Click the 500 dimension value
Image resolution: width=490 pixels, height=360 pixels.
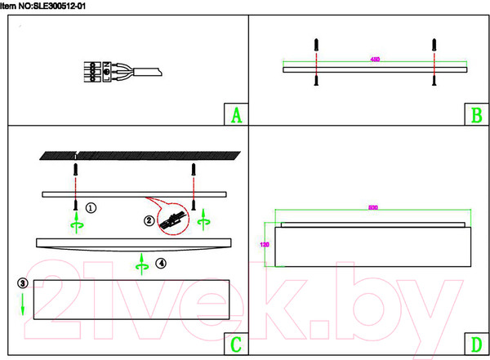tap(373, 207)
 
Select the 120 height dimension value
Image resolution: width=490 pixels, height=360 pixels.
tap(264, 243)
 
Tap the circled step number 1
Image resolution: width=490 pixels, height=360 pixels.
tap(91, 207)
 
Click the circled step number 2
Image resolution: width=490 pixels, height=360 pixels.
tap(149, 220)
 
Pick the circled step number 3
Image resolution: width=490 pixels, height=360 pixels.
tap(22, 282)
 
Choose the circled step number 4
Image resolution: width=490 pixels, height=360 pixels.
tap(161, 263)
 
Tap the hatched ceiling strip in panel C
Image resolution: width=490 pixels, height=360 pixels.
tap(139, 155)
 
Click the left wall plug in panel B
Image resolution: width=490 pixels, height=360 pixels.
tap(315, 46)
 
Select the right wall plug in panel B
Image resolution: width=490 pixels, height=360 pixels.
tap(436, 46)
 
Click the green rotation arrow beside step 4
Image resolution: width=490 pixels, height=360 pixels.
tap(141, 262)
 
